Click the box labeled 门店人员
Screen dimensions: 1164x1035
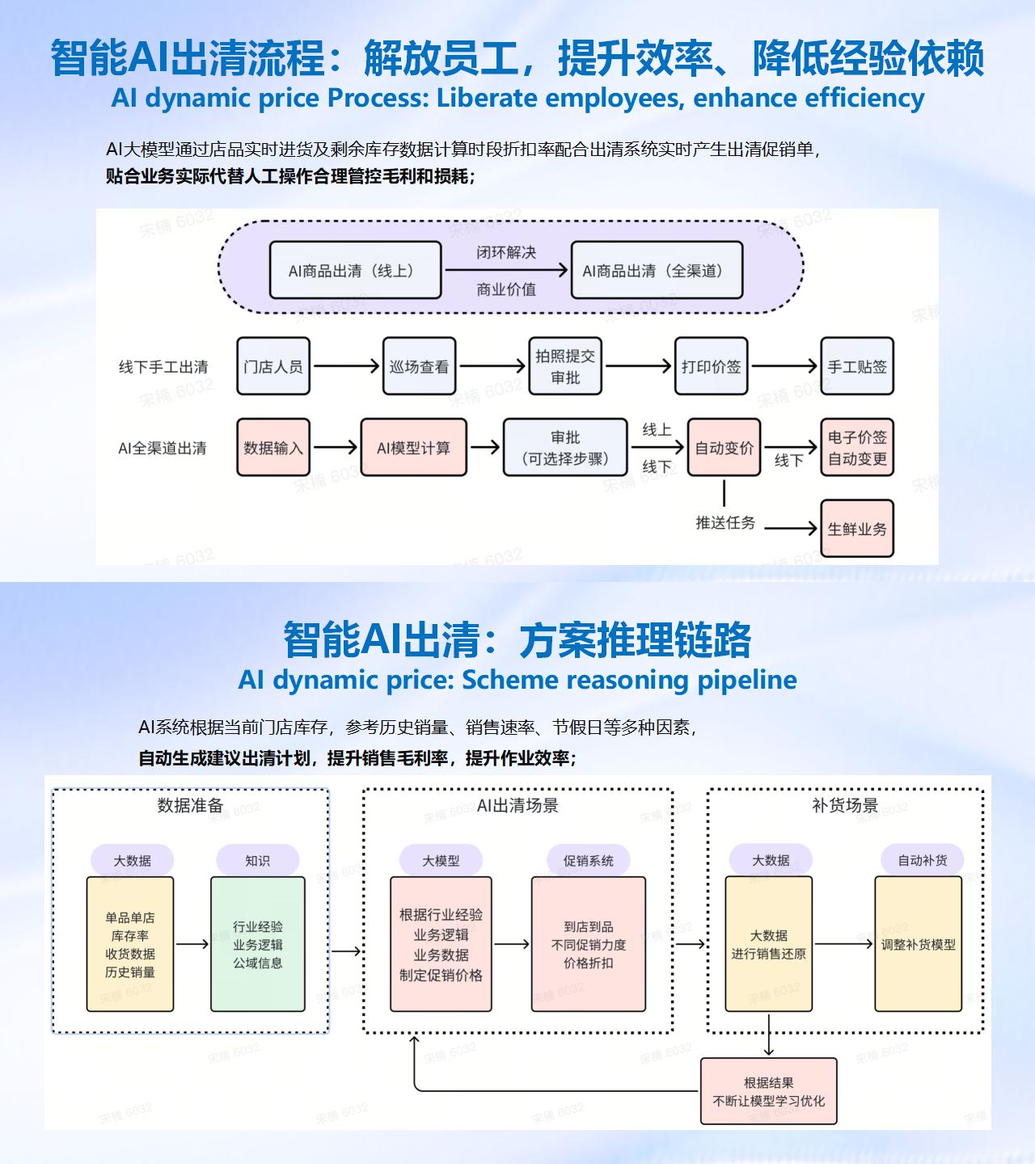pos(273,366)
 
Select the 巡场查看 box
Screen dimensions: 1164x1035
pos(419,366)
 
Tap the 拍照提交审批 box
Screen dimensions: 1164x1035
pos(565,366)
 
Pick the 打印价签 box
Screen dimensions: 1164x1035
pos(711,366)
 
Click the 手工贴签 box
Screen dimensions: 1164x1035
pos(857,366)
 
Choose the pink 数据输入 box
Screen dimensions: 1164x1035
pos(273,447)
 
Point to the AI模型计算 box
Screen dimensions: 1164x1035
pos(413,447)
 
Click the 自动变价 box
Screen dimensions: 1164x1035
pos(724,447)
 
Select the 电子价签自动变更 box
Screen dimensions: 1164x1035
pos(857,447)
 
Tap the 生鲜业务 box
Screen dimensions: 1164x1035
pos(857,529)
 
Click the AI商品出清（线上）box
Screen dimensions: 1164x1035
pos(355,271)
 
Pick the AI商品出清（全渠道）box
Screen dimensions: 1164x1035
pos(657,271)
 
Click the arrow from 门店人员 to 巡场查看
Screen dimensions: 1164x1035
pos(346,366)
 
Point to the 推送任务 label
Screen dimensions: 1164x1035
pos(725,523)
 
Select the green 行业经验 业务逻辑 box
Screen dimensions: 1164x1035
pos(258,944)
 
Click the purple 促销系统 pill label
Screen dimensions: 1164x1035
pos(589,861)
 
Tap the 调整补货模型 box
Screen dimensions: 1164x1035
pos(919,944)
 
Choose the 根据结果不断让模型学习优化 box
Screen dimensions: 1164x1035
pos(768,1091)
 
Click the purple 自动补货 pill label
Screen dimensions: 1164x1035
pos(923,861)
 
